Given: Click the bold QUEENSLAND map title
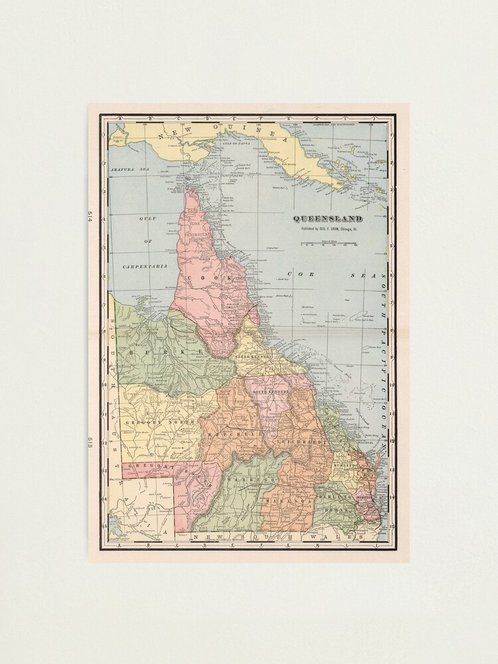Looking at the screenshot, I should click(329, 219).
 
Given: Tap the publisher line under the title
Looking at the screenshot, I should click(329, 228).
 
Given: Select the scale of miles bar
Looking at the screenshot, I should click(329, 244).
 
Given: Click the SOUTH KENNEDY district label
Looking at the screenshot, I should click(270, 392).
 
